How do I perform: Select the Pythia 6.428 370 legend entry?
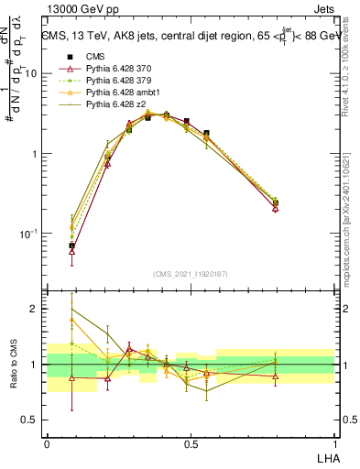116,69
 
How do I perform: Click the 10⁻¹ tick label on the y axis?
28,234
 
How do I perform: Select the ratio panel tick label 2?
35,309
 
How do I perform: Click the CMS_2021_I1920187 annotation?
190,273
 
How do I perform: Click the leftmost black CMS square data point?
71,245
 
